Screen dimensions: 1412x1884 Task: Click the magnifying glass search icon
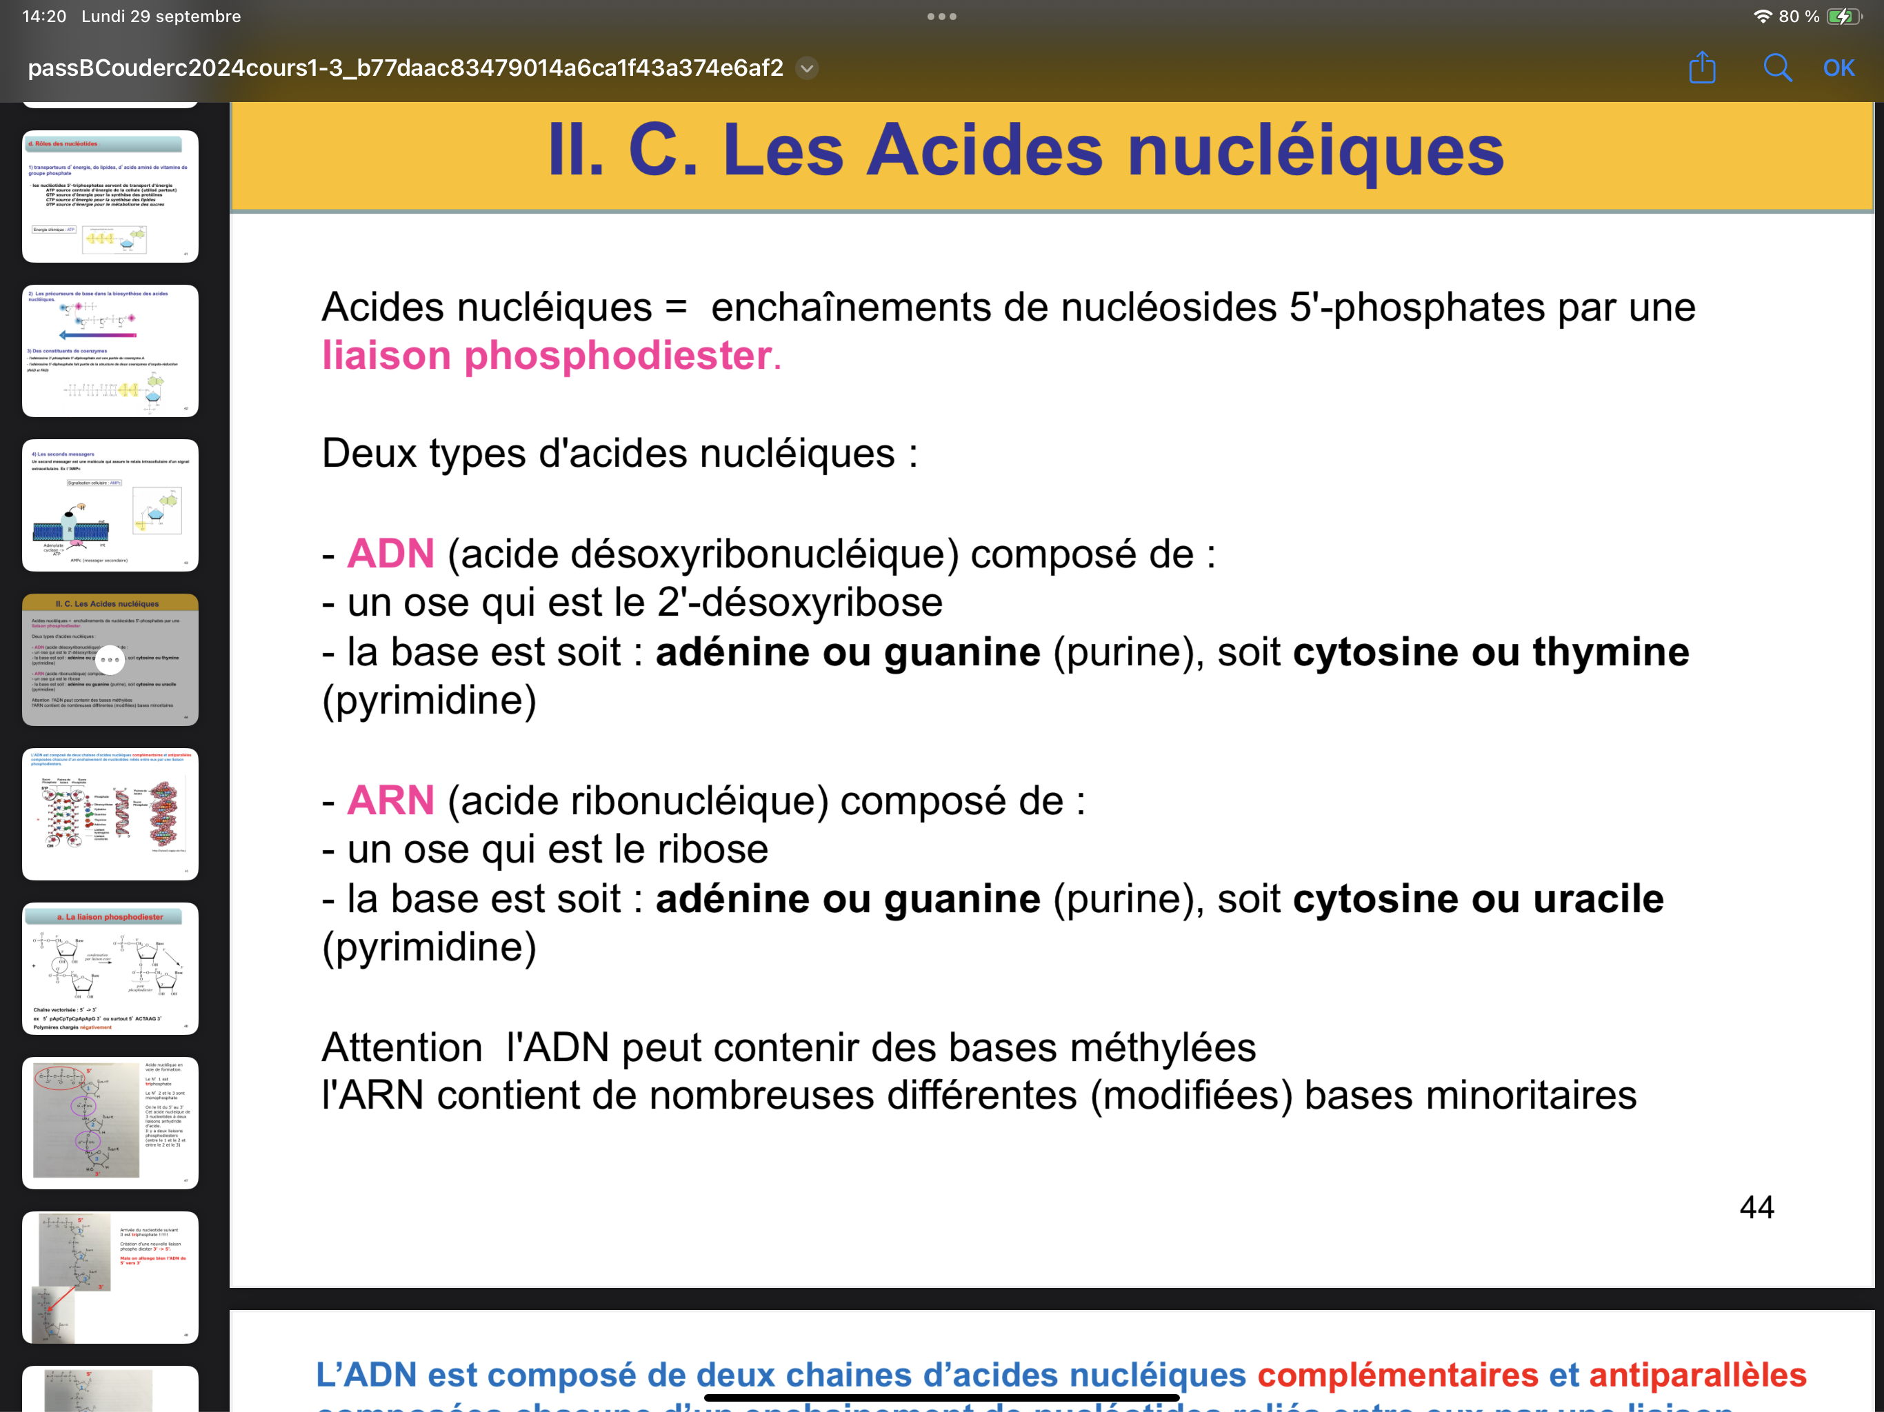point(1776,68)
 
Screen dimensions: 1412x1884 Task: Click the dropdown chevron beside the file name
point(807,68)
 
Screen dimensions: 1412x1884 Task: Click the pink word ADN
point(391,554)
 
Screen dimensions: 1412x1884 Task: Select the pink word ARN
point(391,800)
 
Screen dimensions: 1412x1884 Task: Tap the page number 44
point(1756,1207)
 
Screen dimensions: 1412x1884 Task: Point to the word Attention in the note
point(402,1047)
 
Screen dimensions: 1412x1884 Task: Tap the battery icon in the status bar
point(1843,16)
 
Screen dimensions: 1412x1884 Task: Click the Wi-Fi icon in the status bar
point(1762,16)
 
